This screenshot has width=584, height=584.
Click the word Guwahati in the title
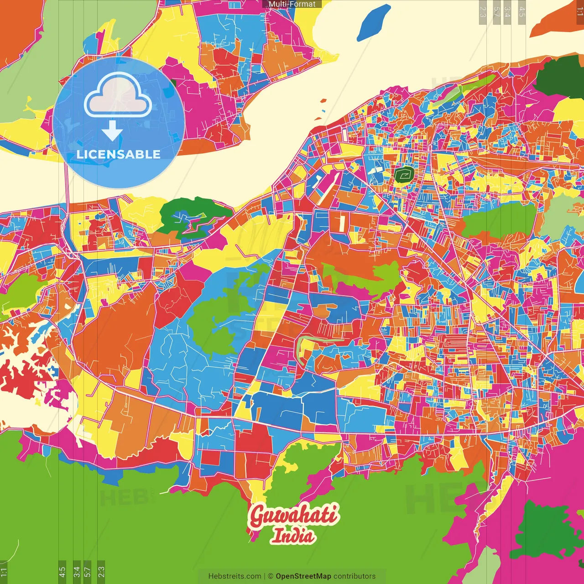(294, 516)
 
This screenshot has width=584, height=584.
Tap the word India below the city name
(292, 536)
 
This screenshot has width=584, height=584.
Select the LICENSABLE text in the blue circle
(118, 154)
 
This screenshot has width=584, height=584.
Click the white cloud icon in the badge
(118, 96)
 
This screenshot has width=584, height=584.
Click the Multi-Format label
(292, 4)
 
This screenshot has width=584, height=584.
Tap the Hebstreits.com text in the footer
(235, 576)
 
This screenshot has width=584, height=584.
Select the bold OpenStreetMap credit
(303, 576)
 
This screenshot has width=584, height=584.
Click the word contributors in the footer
(355, 576)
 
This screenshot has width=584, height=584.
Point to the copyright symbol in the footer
(271, 576)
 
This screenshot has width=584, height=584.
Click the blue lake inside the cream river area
(374, 22)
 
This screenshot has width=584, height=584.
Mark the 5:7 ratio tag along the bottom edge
(88, 572)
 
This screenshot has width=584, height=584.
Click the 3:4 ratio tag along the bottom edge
(77, 572)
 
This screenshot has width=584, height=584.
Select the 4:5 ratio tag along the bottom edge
(63, 572)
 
